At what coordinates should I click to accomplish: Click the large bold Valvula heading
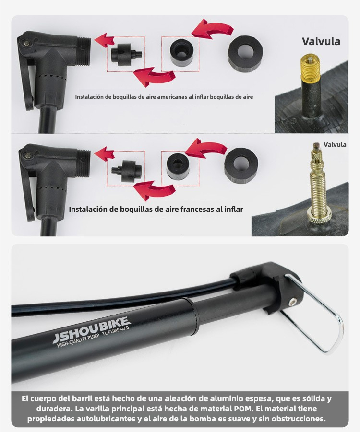(x=321, y=41)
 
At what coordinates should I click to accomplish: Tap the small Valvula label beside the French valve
(x=335, y=144)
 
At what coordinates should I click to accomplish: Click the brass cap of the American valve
(x=311, y=68)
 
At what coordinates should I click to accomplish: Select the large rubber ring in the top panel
(x=245, y=54)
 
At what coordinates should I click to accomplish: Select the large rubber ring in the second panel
(x=241, y=165)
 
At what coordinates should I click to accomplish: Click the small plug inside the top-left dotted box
(x=125, y=55)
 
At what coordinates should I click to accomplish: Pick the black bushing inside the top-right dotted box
(x=181, y=52)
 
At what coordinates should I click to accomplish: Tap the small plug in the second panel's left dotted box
(x=127, y=171)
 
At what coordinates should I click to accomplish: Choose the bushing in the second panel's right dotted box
(x=178, y=166)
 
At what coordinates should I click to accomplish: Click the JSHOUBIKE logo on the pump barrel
(x=92, y=329)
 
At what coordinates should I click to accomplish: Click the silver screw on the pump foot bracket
(x=292, y=303)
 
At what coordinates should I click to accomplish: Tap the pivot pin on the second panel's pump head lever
(x=28, y=156)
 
